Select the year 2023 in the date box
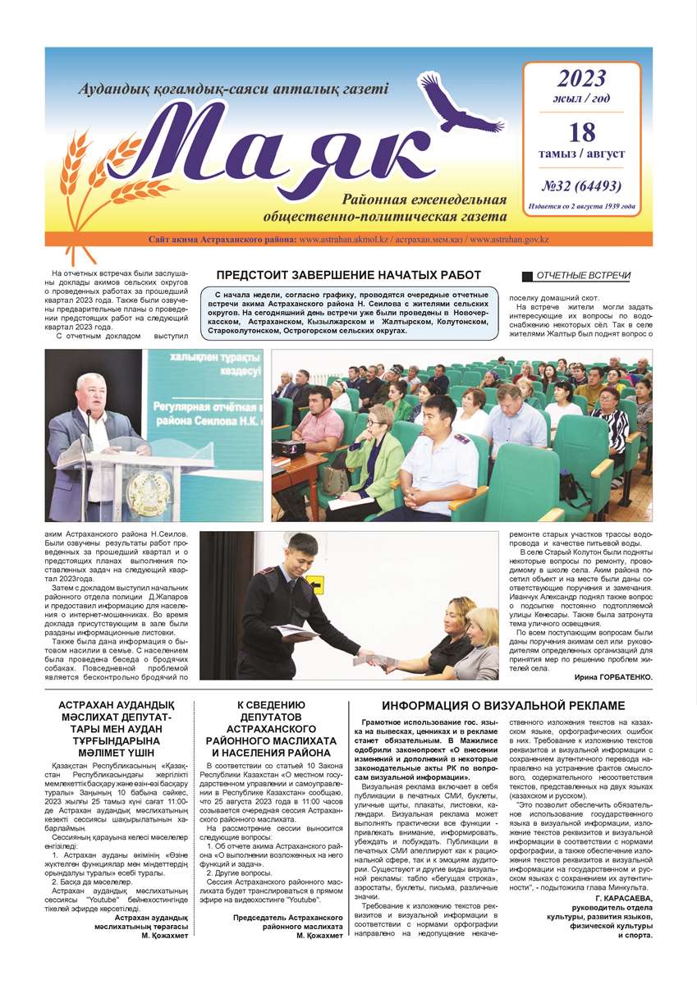point(581,79)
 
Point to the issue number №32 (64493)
point(581,186)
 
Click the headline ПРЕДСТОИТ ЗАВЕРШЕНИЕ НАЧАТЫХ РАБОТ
point(348,275)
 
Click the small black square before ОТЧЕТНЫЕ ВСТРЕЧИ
point(528,277)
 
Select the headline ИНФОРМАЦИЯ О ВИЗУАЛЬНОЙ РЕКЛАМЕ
point(503,706)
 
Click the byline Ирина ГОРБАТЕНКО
point(607,677)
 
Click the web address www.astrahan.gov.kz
point(509,239)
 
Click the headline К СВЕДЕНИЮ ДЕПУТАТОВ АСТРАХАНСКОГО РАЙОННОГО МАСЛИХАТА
point(273,729)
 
